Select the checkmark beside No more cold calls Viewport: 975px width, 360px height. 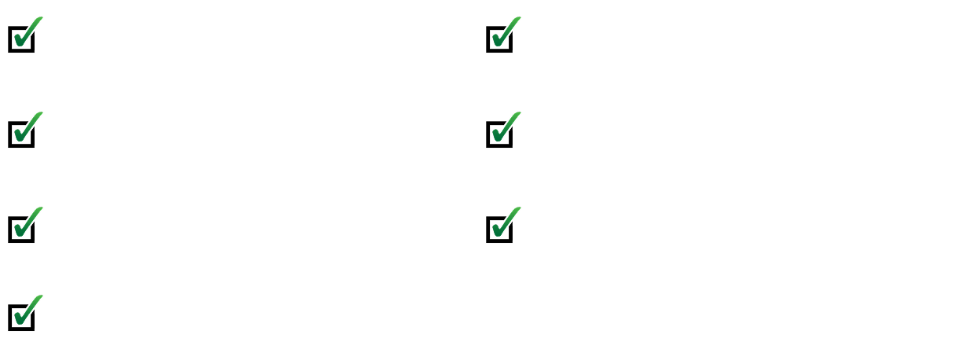(28, 223)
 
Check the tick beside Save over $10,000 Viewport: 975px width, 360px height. (503, 222)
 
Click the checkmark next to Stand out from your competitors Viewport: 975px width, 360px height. (28, 310)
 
